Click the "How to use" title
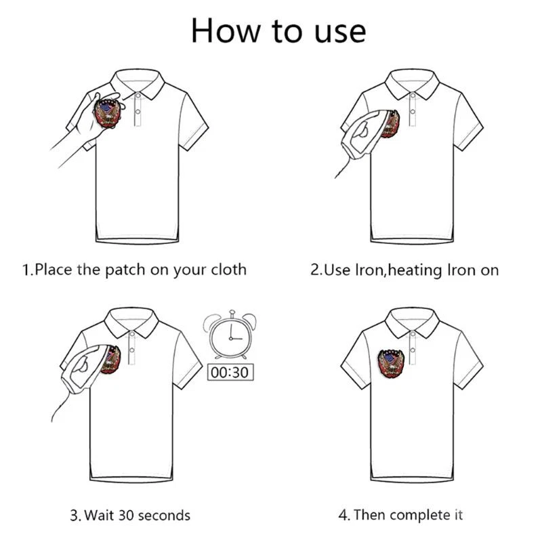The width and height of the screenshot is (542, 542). pyautogui.click(x=278, y=31)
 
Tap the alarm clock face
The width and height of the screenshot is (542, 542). pyautogui.click(x=231, y=337)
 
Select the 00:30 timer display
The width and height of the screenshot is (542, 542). pyautogui.click(x=230, y=372)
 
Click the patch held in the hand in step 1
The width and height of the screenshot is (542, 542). pyautogui.click(x=107, y=113)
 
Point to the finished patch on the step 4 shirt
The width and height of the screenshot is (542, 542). pyautogui.click(x=391, y=362)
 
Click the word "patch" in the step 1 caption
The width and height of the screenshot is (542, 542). pyautogui.click(x=125, y=270)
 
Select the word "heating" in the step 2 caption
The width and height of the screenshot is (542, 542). pyautogui.click(x=415, y=270)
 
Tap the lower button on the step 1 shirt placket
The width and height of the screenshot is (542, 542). pyautogui.click(x=138, y=112)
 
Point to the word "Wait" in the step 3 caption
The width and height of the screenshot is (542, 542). pyautogui.click(x=99, y=516)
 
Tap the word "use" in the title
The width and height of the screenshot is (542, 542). pyautogui.click(x=340, y=33)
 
